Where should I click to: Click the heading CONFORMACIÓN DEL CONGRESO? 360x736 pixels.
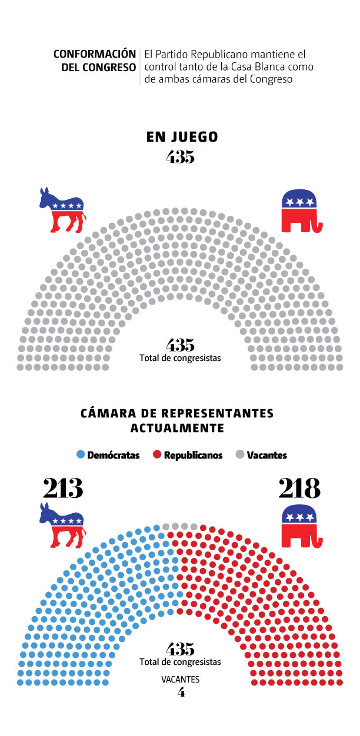pos(95,61)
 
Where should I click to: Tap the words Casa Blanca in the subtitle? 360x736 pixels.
pos(248,66)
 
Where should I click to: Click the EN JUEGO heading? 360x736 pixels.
pos(182,137)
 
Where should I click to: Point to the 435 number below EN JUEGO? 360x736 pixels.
pos(180,157)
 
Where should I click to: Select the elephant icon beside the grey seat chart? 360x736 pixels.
pos(302,210)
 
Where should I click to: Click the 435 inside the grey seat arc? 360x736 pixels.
pos(180,344)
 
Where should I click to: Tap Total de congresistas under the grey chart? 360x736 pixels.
pos(180,357)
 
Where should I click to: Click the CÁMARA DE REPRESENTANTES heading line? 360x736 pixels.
pos(177,413)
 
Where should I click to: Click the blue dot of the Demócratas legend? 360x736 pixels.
pos(81,454)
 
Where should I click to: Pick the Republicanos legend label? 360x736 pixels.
pos(193,455)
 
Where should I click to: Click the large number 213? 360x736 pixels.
pos(63,489)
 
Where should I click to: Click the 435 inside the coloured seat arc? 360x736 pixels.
pos(180,649)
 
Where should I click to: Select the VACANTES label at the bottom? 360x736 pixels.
pos(181,679)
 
